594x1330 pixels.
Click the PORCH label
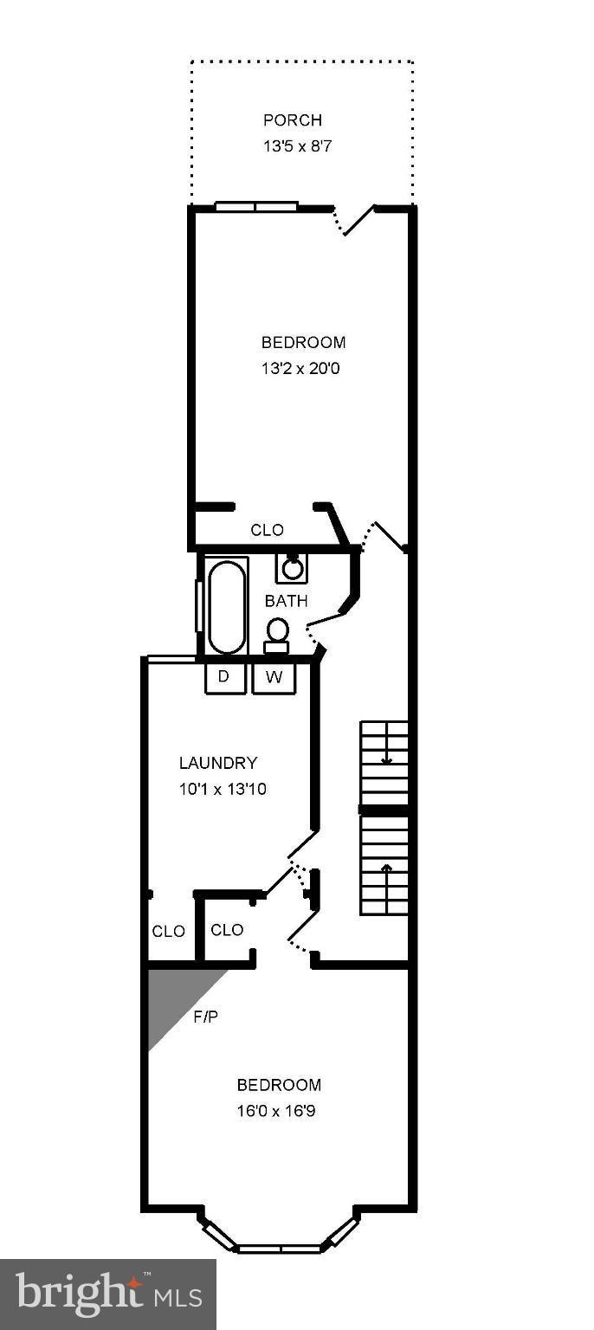pyautogui.click(x=293, y=120)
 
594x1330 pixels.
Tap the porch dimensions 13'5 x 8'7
pyautogui.click(x=297, y=146)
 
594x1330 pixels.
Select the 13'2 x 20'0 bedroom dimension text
pyautogui.click(x=303, y=368)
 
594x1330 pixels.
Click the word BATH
pyautogui.click(x=286, y=601)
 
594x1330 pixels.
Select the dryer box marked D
pyautogui.click(x=223, y=677)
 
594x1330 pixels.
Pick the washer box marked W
pyautogui.click(x=274, y=677)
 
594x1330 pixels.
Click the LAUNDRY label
pyautogui.click(x=218, y=763)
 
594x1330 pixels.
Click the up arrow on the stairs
pyautogui.click(x=386, y=867)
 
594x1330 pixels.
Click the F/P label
pyautogui.click(x=205, y=1017)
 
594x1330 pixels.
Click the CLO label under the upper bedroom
pyautogui.click(x=267, y=530)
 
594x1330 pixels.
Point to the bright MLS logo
pyautogui.click(x=107, y=1294)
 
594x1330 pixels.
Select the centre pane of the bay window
pyautogui.click(x=279, y=1249)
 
